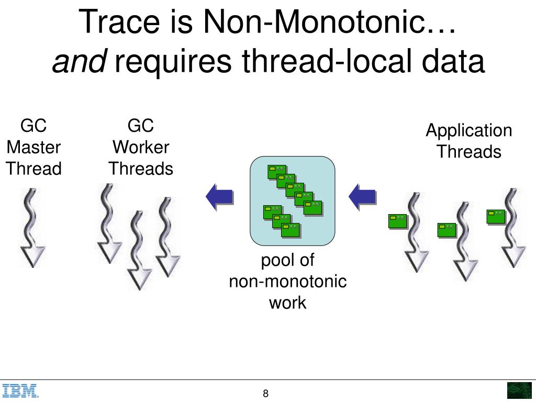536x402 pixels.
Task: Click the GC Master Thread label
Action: tap(33, 147)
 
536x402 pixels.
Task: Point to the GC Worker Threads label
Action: tap(141, 147)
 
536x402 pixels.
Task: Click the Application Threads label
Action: tap(468, 141)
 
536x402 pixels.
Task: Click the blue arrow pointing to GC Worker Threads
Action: tap(219, 197)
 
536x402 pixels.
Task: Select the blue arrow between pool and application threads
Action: tap(363, 197)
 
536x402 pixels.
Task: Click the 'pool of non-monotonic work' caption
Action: tap(287, 281)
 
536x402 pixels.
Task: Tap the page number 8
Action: tap(266, 394)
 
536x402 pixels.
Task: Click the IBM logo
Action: tap(20, 391)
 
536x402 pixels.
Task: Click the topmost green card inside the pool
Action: tap(276, 171)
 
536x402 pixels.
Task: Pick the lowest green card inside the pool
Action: tap(291, 230)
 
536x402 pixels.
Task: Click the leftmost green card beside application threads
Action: tap(397, 221)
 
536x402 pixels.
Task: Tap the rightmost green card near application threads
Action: tap(496, 216)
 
